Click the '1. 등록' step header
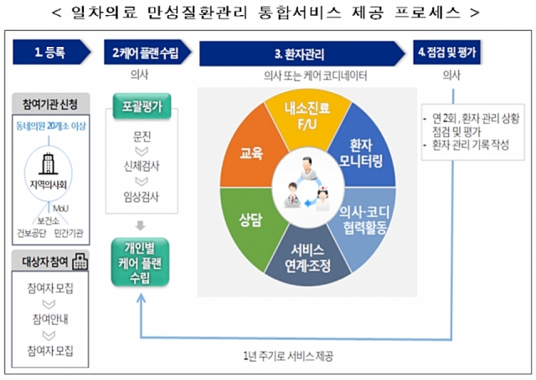point(50,53)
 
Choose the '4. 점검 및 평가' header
point(451,53)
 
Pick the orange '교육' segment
point(250,153)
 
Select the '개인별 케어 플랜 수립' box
point(141,263)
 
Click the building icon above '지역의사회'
point(49,161)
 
